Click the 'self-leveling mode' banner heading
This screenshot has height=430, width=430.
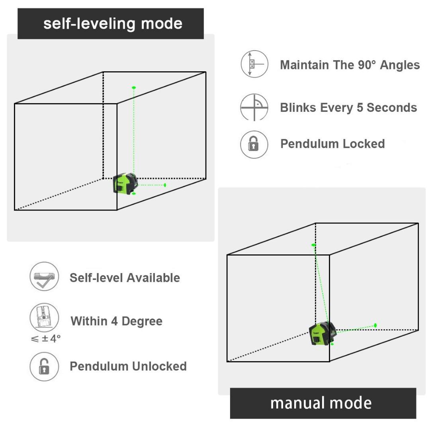pos(113,23)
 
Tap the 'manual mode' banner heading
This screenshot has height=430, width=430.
pos(321,403)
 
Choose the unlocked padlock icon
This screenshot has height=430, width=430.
pos(44,366)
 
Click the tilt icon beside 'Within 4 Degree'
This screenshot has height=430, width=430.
pos(44,318)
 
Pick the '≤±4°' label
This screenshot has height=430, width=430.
pos(46,339)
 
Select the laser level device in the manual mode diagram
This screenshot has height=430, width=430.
pos(322,333)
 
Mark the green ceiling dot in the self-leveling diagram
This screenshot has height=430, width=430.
pos(134,87)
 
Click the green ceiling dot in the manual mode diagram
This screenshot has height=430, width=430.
pos(314,245)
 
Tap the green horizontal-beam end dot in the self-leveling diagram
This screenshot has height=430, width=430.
pos(165,185)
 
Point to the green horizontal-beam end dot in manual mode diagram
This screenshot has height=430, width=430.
pos(375,325)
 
